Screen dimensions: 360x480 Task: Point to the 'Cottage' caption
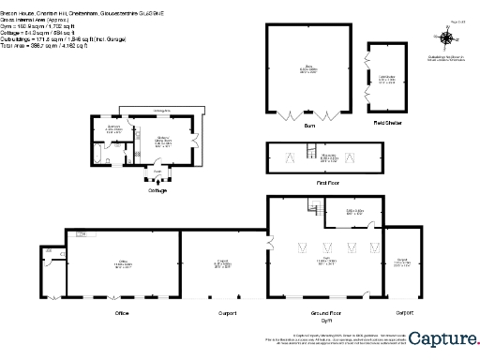157,190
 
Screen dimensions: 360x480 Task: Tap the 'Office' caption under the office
121,311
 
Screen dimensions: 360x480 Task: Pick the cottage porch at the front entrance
157,173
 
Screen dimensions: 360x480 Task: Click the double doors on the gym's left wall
269,245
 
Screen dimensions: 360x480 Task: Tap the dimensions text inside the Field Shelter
385,81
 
